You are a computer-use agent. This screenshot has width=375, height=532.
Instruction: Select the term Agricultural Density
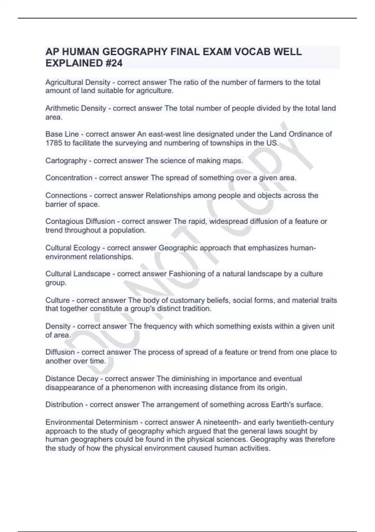click(77, 82)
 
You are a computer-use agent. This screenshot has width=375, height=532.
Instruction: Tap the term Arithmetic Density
click(76, 108)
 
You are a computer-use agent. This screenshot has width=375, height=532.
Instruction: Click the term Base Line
click(62, 134)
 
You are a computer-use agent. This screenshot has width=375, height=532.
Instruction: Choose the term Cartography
click(66, 161)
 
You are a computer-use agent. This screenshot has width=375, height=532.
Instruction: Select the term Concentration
click(69, 178)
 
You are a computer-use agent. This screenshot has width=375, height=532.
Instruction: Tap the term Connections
click(66, 195)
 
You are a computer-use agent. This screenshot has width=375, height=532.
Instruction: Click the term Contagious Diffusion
click(80, 221)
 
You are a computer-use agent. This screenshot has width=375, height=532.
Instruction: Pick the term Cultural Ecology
click(72, 248)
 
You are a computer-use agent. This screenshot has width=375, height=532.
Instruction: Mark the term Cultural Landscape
click(77, 274)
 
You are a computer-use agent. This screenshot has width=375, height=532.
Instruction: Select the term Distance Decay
click(72, 379)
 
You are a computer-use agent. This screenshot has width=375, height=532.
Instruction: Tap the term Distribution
click(64, 405)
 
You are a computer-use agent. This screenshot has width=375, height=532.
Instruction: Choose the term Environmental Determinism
click(92, 422)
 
